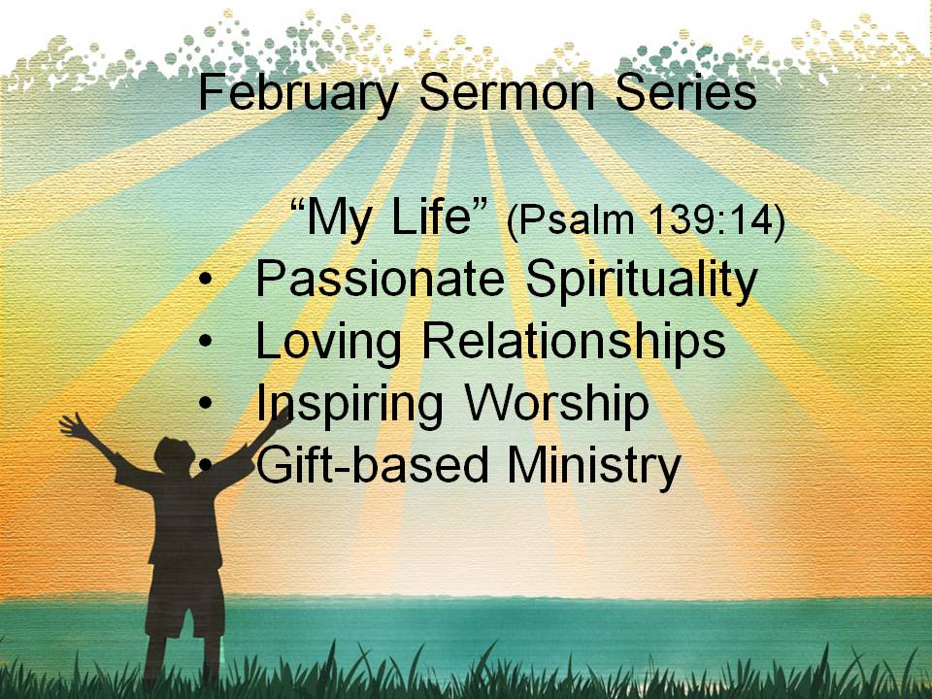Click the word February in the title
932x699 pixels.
(298, 94)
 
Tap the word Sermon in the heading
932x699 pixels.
(507, 93)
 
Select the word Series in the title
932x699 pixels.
(686, 93)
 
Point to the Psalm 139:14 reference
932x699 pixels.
(647, 221)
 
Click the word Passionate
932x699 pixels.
(381, 279)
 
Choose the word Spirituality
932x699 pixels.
(642, 282)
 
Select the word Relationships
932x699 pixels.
(574, 343)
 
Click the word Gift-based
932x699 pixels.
(372, 465)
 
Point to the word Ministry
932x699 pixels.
(594, 467)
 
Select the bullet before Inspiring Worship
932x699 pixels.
(206, 403)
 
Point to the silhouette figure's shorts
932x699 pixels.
(185, 600)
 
